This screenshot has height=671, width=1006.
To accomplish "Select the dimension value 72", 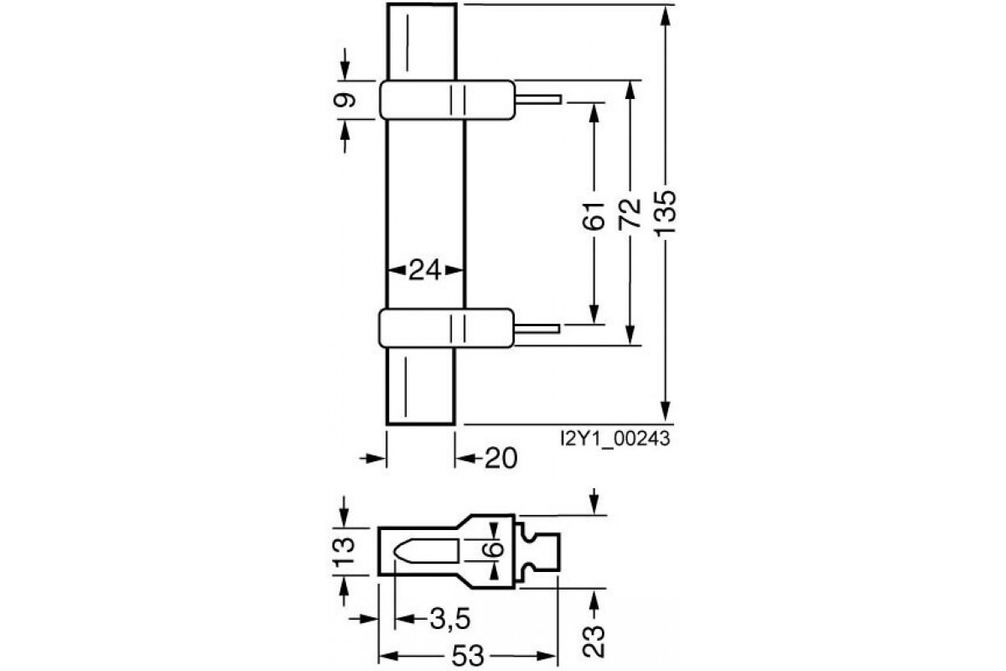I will click(x=630, y=215).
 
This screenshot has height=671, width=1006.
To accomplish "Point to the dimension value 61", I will click(x=594, y=216).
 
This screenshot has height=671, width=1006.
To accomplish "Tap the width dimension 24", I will click(x=425, y=270).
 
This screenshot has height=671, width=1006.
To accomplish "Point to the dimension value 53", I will click(x=468, y=655).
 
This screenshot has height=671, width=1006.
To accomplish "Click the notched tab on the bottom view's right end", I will click(x=540, y=550).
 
